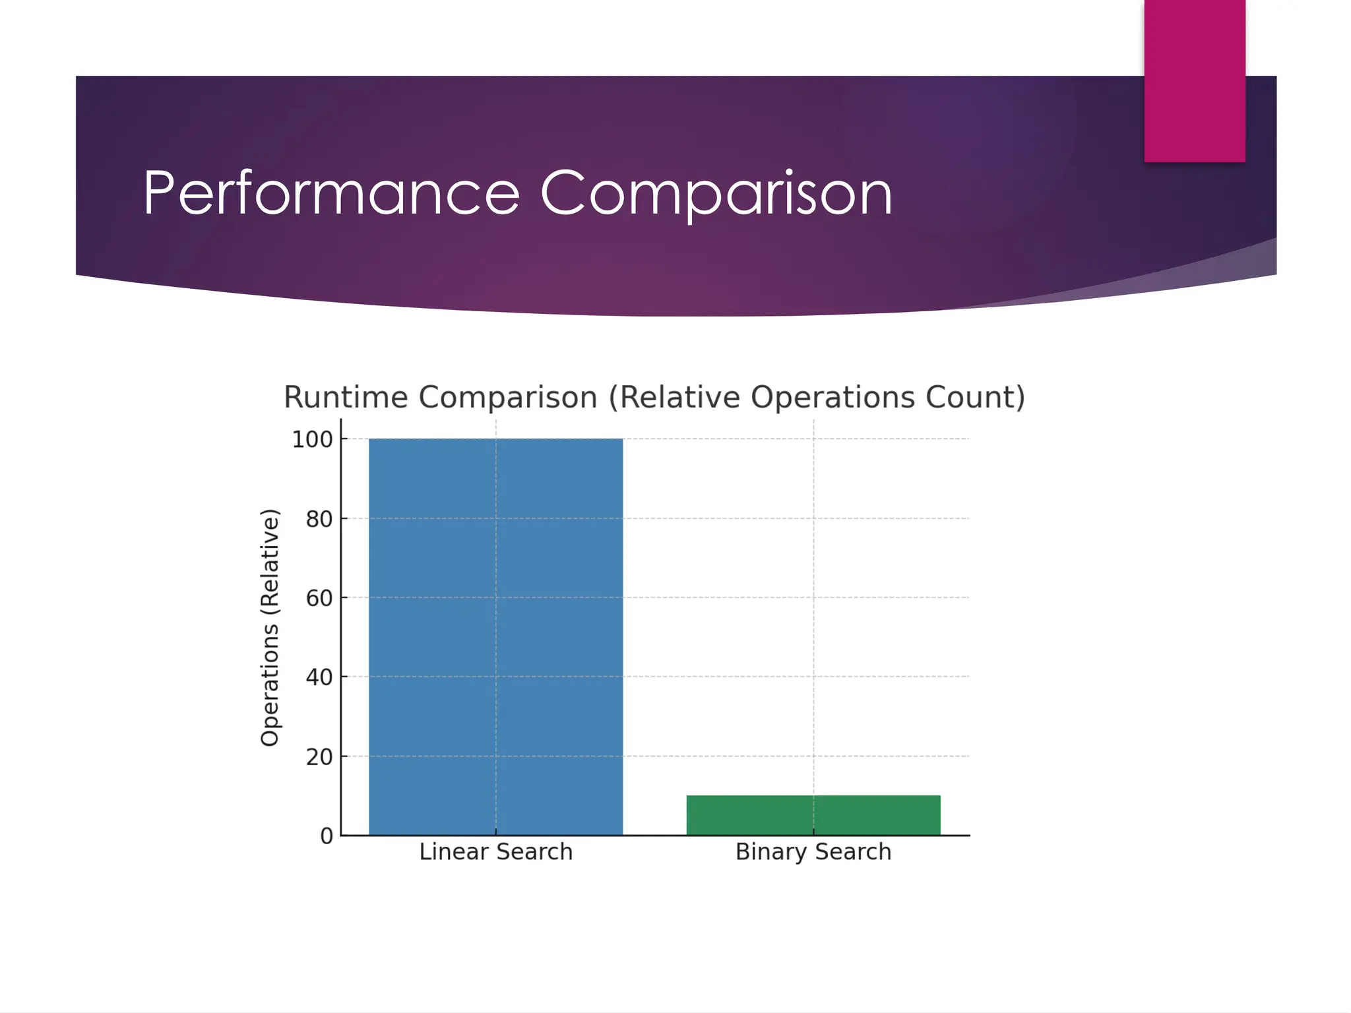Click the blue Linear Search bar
(495, 636)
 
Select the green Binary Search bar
(813, 815)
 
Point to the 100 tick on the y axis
(313, 439)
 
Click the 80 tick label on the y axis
(319, 519)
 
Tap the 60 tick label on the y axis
(319, 598)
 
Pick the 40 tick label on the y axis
(319, 677)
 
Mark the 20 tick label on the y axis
(319, 756)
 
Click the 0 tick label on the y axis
(327, 836)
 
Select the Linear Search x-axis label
(495, 851)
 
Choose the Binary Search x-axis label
(813, 851)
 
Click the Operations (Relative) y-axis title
(270, 627)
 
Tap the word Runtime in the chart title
(346, 397)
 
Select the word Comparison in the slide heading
(716, 193)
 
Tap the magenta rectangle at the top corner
(1195, 80)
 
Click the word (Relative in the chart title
(675, 397)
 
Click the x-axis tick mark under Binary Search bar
(813, 832)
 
